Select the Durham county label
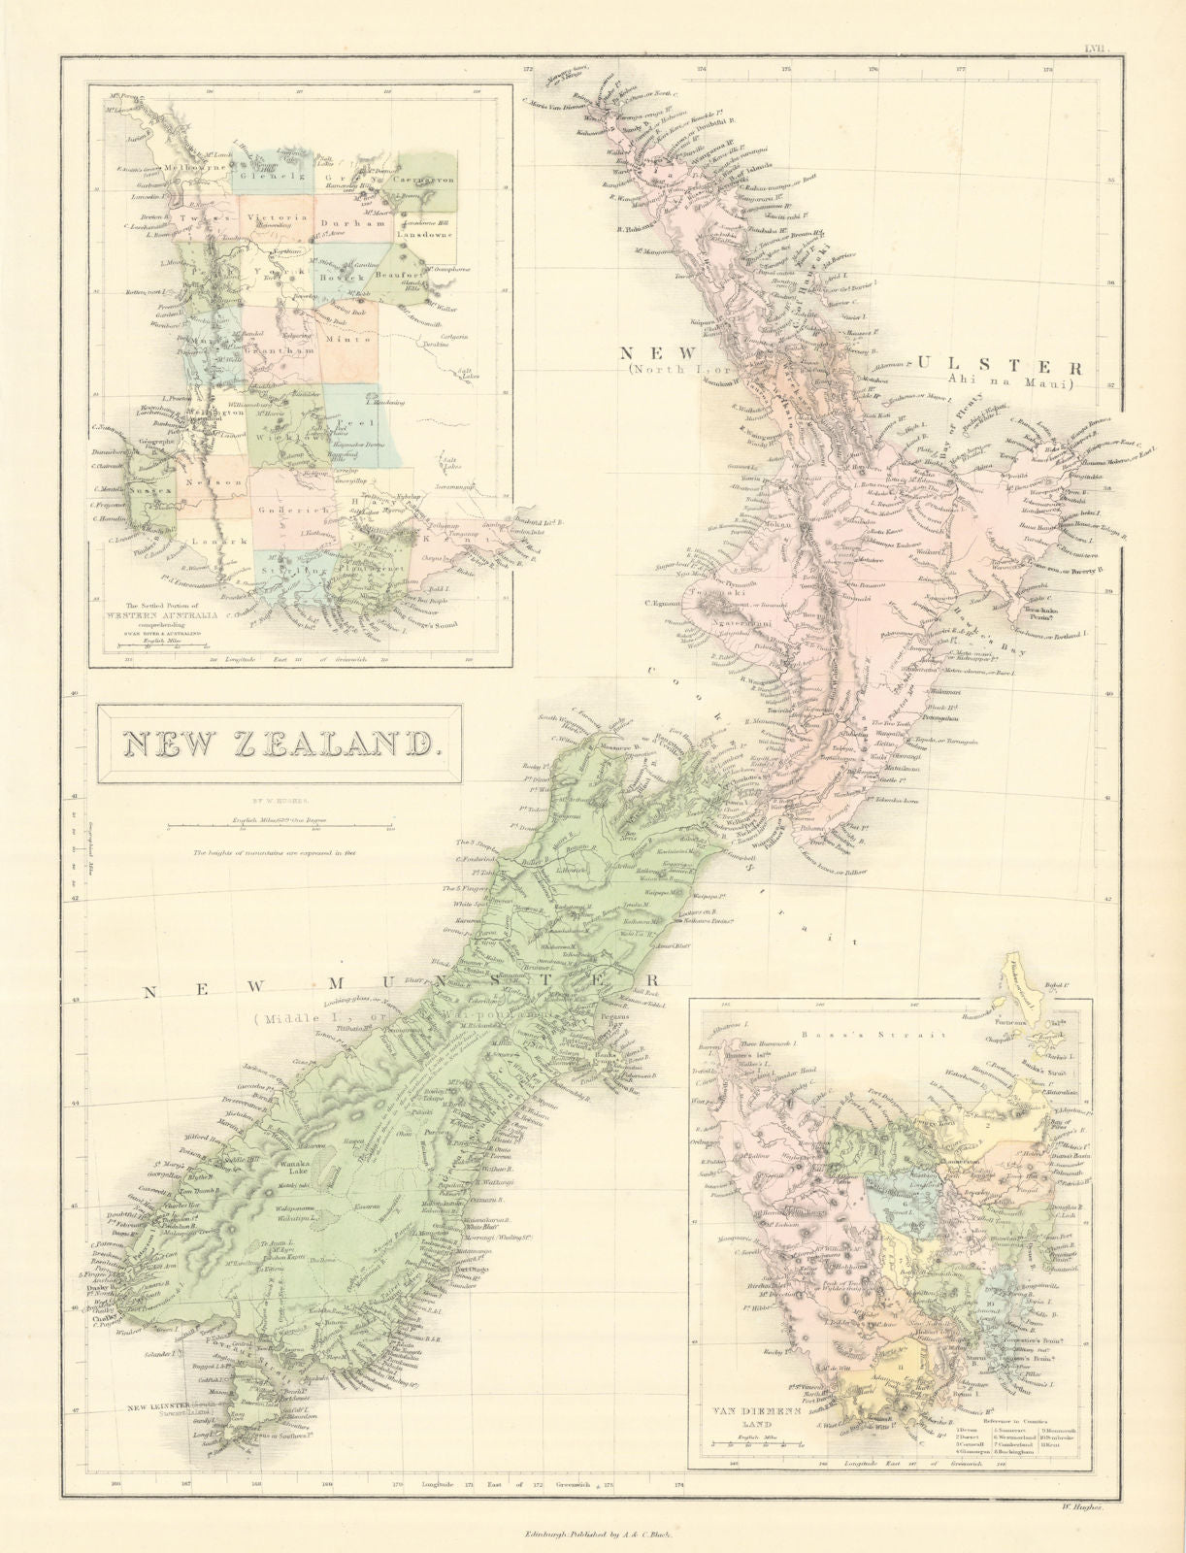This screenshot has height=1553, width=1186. click(x=341, y=219)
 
